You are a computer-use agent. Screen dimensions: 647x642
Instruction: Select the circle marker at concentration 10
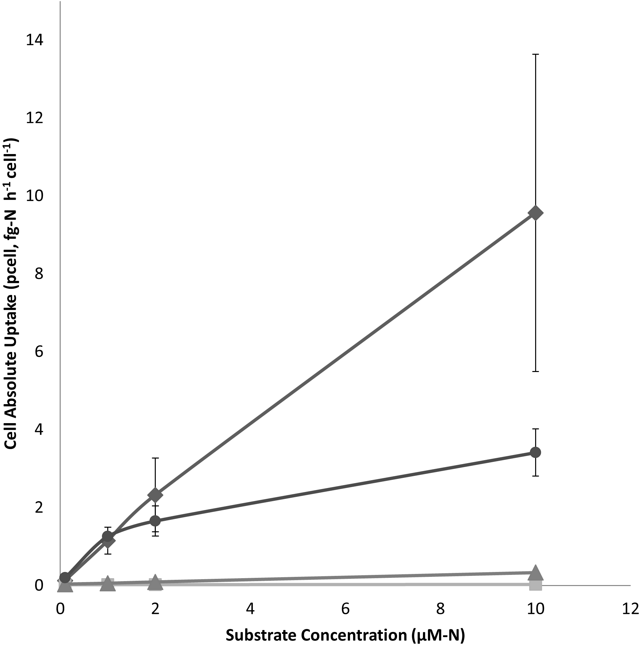(x=535, y=452)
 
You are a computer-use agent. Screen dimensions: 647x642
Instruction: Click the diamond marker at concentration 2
(x=155, y=495)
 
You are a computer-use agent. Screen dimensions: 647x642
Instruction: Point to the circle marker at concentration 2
(x=155, y=521)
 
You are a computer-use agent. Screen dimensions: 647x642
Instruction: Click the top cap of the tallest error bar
(x=535, y=54)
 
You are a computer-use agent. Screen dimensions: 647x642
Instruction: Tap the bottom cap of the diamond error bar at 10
(x=535, y=371)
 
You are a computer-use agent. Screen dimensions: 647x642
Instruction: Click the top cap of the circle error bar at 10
(x=535, y=429)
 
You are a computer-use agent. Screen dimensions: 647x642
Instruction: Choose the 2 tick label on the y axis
(x=39, y=507)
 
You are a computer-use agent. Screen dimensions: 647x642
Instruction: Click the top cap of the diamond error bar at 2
(x=155, y=458)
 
